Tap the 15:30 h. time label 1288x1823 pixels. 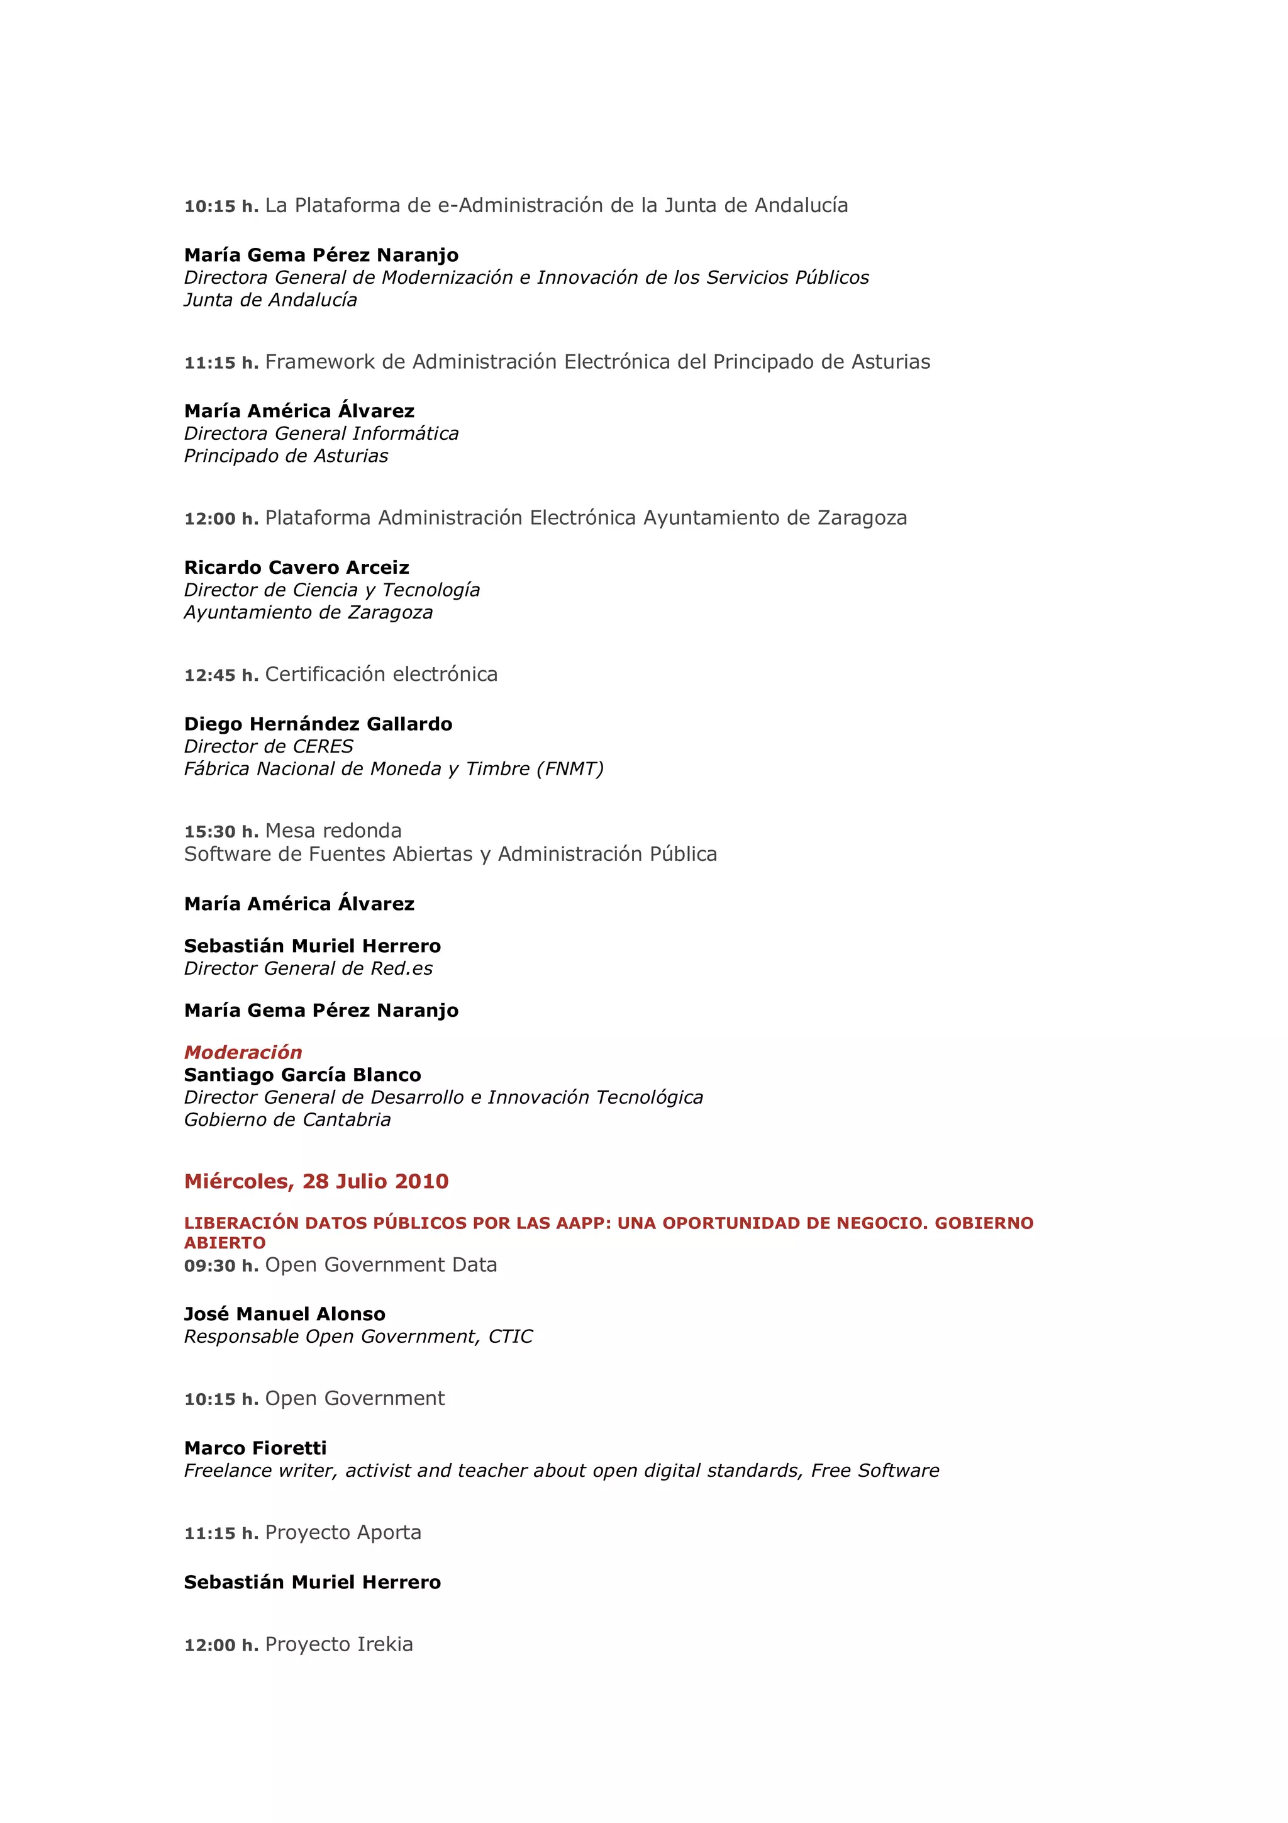(x=221, y=832)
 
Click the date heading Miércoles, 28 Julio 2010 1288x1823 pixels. (x=316, y=1181)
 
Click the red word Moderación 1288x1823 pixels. (x=243, y=1053)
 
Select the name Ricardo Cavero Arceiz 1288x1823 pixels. (x=297, y=568)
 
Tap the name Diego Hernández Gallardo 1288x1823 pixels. (x=318, y=724)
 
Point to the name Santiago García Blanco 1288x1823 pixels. (x=303, y=1075)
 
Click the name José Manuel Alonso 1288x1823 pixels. (x=285, y=1314)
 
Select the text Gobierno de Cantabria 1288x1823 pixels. (x=287, y=1119)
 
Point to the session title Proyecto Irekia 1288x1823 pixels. (x=339, y=1644)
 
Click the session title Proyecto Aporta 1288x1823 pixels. (x=343, y=1532)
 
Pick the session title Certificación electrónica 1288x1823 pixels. (x=381, y=674)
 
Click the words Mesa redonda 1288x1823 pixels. (x=333, y=831)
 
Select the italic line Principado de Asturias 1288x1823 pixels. (x=286, y=456)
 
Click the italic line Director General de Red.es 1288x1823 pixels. (x=308, y=968)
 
